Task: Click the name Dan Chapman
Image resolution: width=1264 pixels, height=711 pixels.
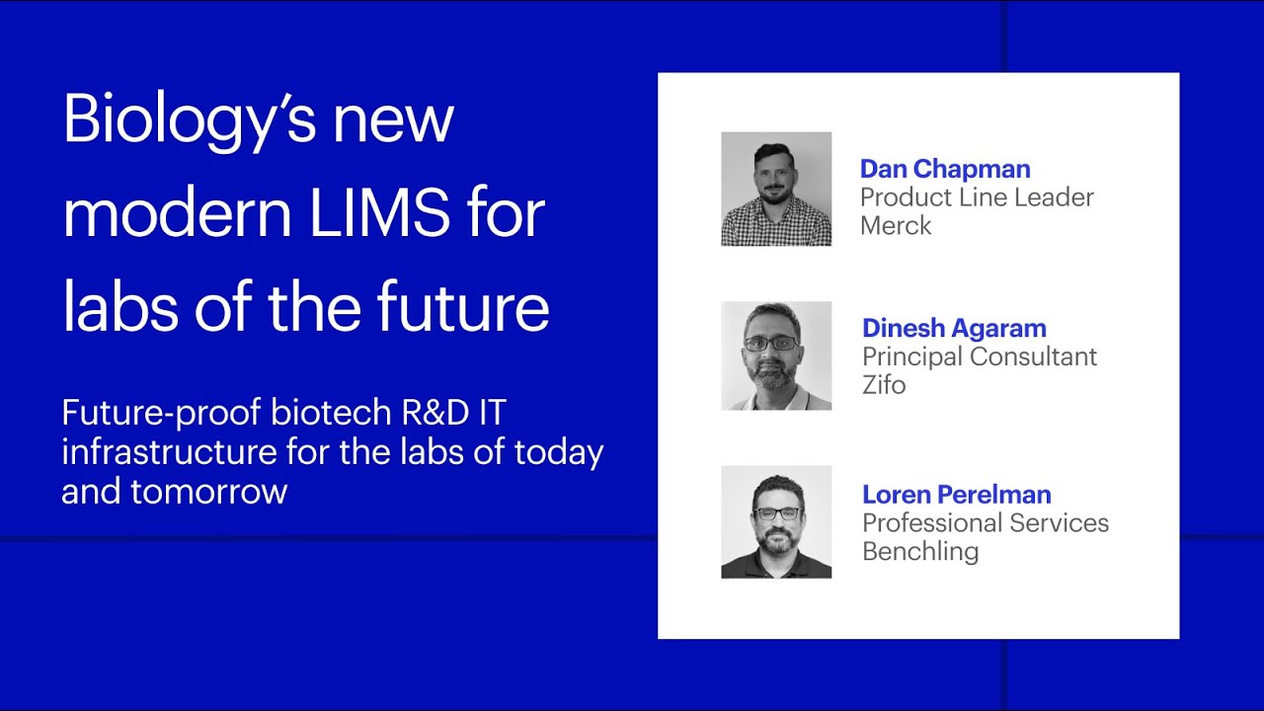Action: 945,169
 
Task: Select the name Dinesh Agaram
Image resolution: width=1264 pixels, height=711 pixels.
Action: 954,328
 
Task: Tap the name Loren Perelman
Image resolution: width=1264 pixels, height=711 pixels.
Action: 956,494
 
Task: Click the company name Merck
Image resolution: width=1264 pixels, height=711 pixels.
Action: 896,225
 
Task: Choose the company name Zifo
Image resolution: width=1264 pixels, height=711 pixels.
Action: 884,384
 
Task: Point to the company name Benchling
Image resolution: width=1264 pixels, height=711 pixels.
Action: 920,551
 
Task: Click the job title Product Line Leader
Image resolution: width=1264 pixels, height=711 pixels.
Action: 977,197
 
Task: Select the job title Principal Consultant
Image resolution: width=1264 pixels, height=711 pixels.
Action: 980,356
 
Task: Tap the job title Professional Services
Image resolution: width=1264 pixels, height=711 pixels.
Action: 986,522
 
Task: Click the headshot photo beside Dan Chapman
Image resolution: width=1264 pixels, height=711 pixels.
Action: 776,189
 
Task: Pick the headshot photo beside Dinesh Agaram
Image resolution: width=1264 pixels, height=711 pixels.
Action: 776,355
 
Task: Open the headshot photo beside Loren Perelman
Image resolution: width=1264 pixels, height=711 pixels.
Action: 776,521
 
